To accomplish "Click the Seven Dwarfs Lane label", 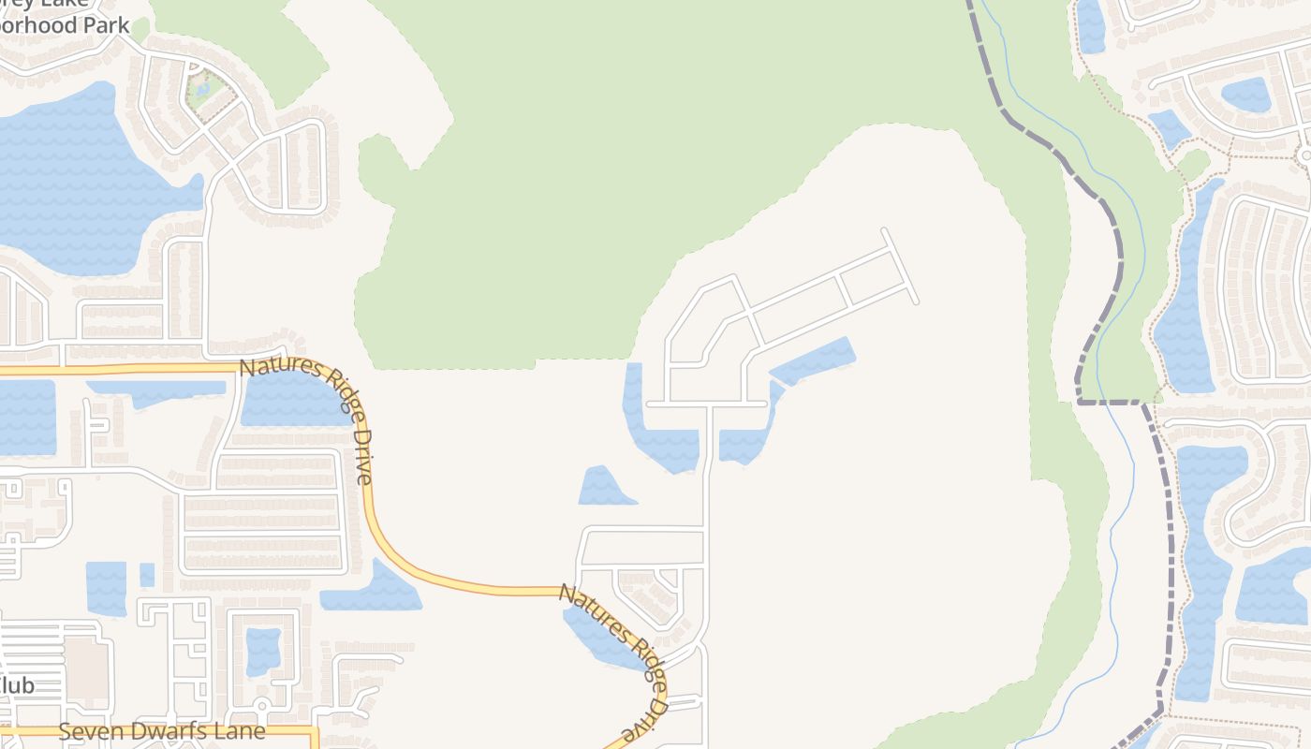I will coord(162,731).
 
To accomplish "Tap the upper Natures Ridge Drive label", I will coord(307,419).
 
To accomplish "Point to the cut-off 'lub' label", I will coord(17,685).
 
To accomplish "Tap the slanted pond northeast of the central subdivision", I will coord(813,360).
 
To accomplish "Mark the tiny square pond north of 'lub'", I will coord(147,575).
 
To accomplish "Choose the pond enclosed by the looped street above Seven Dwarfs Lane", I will coord(263,651).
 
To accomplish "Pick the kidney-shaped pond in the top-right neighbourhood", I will coord(1245,94).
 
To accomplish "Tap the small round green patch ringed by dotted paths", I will coord(1194,166).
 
